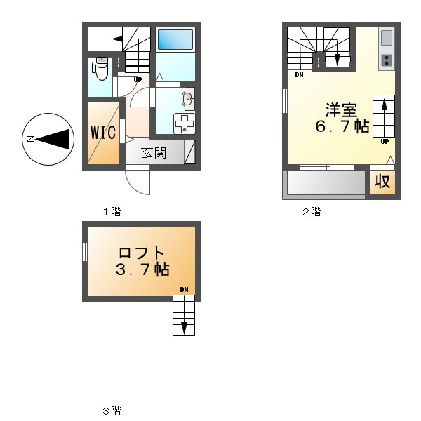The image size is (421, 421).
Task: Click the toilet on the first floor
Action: (100, 69)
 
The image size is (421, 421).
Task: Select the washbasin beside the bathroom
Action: (187, 98)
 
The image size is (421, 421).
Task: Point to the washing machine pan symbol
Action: (184, 123)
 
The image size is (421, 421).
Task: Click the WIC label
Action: (103, 133)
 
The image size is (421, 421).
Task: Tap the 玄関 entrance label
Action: (153, 152)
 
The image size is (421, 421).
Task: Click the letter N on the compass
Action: (30, 140)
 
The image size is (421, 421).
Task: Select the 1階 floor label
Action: (112, 211)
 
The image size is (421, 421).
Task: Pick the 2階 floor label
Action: (312, 211)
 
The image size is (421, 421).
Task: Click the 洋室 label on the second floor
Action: (342, 111)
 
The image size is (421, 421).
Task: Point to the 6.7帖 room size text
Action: (342, 127)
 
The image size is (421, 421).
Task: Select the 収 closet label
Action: (382, 182)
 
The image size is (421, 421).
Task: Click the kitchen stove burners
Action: (387, 60)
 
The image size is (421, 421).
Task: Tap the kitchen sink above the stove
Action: (387, 37)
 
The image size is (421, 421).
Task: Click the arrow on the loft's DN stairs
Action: (184, 327)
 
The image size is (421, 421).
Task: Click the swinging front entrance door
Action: (138, 182)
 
